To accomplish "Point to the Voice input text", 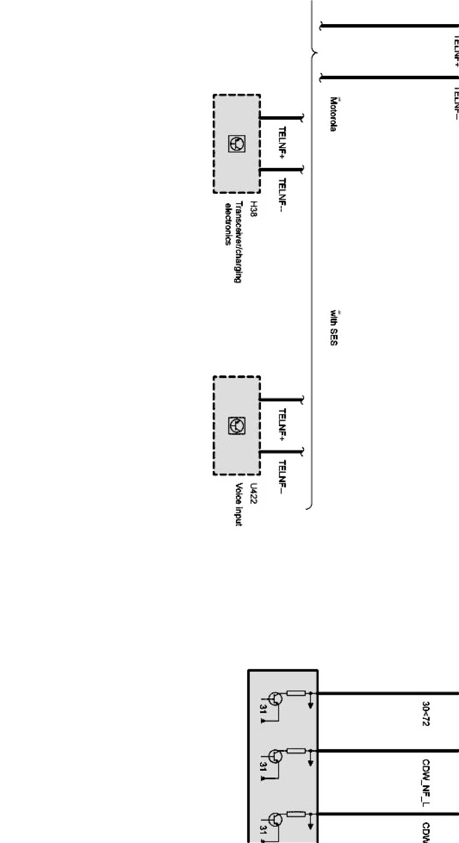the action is (239, 504).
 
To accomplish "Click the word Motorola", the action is (333, 114).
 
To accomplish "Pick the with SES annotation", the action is (333, 327).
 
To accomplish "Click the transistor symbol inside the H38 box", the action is (236, 144).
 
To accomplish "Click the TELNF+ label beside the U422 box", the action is (282, 424).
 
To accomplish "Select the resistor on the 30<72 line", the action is (296, 693).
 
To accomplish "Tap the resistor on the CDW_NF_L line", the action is (296, 751).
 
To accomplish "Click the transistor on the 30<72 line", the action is (276, 699).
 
